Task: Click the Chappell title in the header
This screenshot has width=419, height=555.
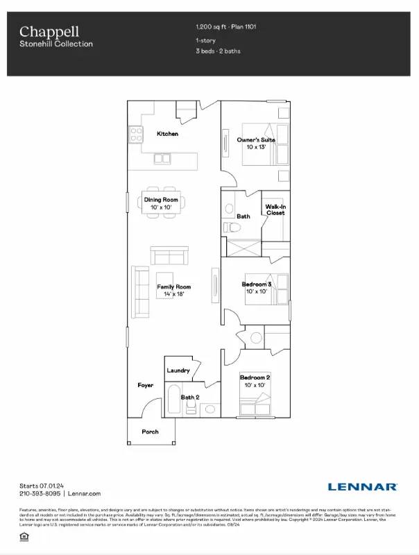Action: pyautogui.click(x=49, y=31)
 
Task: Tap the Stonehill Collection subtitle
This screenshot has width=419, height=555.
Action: pyautogui.click(x=55, y=44)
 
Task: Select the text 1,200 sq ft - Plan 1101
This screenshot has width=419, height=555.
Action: pyautogui.click(x=228, y=27)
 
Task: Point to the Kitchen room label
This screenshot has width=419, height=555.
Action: pyautogui.click(x=167, y=134)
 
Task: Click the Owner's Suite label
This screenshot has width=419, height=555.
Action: pyautogui.click(x=256, y=139)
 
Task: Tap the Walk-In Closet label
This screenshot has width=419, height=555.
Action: pyautogui.click(x=275, y=209)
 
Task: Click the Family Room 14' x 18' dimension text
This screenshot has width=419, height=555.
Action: pyautogui.click(x=173, y=294)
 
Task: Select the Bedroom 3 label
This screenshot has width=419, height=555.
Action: pyautogui.click(x=256, y=284)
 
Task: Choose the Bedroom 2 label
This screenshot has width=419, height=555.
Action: pyautogui.click(x=255, y=377)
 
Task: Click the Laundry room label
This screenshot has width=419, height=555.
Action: pyautogui.click(x=178, y=370)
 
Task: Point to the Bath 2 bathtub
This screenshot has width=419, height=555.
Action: pyautogui.click(x=173, y=400)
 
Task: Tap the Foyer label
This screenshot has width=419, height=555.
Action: pyautogui.click(x=145, y=384)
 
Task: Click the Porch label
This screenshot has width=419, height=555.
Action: pyautogui.click(x=150, y=432)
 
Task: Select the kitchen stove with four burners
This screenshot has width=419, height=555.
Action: pyautogui.click(x=135, y=133)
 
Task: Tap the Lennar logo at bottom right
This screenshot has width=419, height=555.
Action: pyautogui.click(x=362, y=487)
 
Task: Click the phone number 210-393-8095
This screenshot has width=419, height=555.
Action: pyautogui.click(x=40, y=493)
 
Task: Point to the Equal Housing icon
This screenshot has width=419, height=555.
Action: pyautogui.click(x=26, y=537)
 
